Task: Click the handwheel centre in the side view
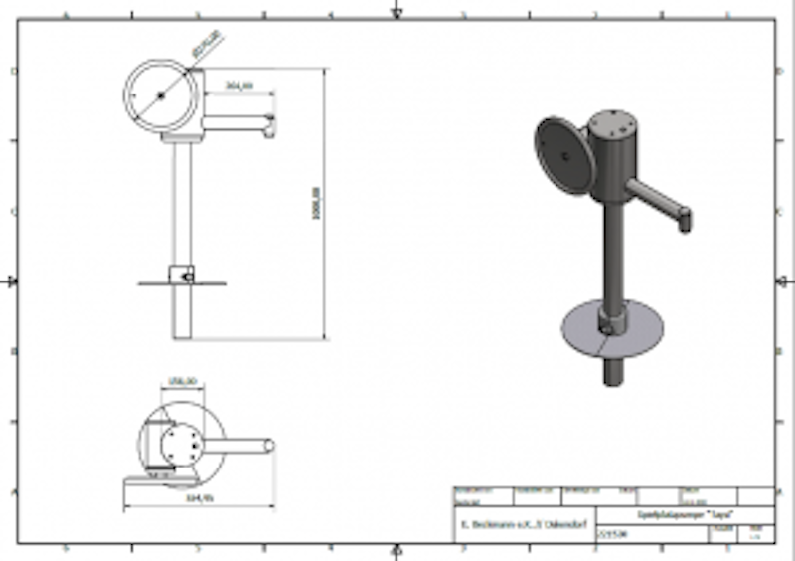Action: (x=159, y=95)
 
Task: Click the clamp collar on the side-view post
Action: (x=181, y=275)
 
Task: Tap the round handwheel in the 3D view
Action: (x=565, y=156)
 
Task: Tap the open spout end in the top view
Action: (x=269, y=446)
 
